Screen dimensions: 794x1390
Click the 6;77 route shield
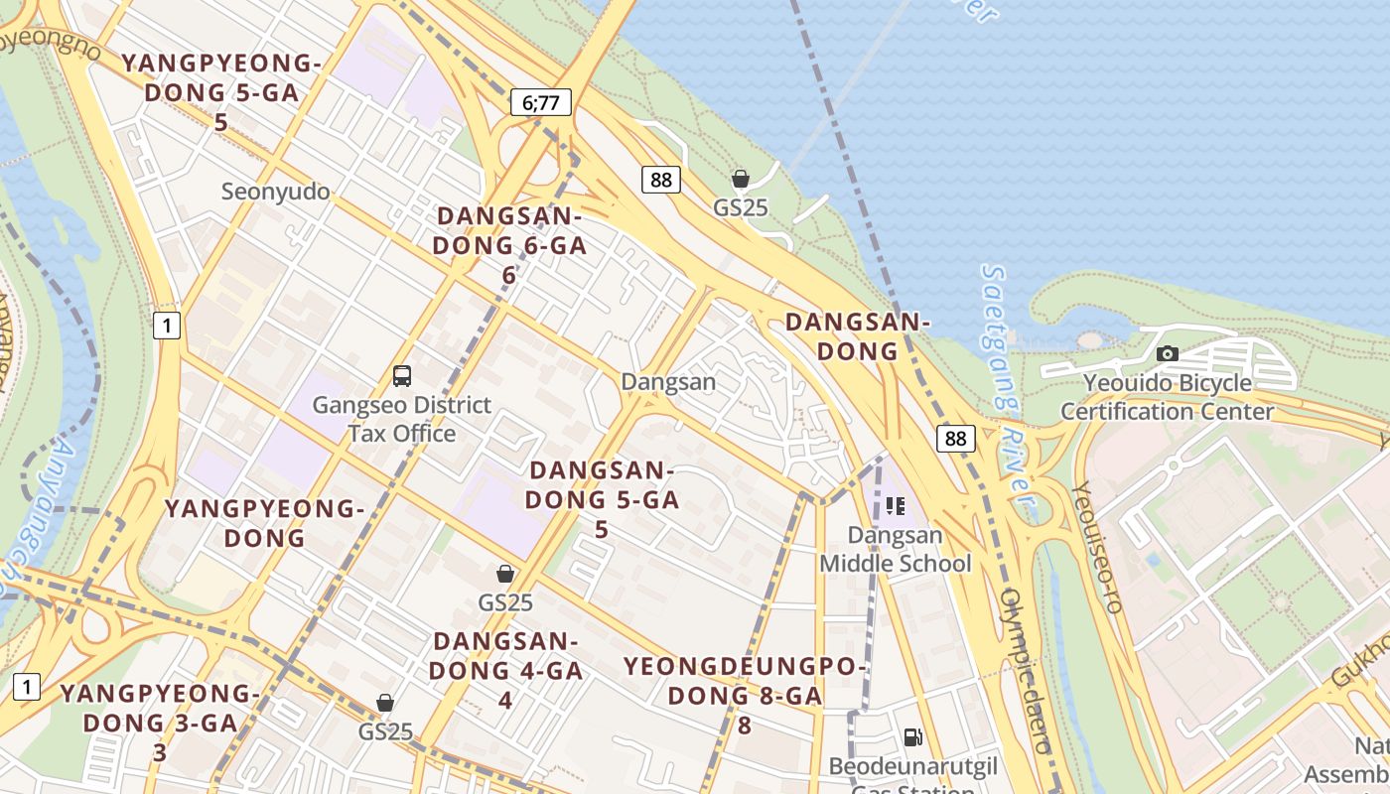[541, 101]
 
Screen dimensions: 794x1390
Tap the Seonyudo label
[276, 191]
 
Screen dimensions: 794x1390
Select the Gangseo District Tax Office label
[402, 419]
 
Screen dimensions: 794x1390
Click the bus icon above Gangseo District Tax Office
[402, 376]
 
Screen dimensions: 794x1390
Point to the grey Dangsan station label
[667, 381]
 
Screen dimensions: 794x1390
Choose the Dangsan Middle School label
[895, 549]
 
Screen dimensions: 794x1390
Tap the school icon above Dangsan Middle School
[896, 506]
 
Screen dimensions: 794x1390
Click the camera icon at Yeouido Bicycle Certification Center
[1168, 353]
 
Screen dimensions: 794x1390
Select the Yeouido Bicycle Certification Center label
[1167, 397]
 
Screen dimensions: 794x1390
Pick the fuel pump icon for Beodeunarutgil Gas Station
[912, 736]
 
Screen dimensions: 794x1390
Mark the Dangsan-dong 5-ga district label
[602, 499]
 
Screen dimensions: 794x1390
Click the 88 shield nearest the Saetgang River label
[955, 439]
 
